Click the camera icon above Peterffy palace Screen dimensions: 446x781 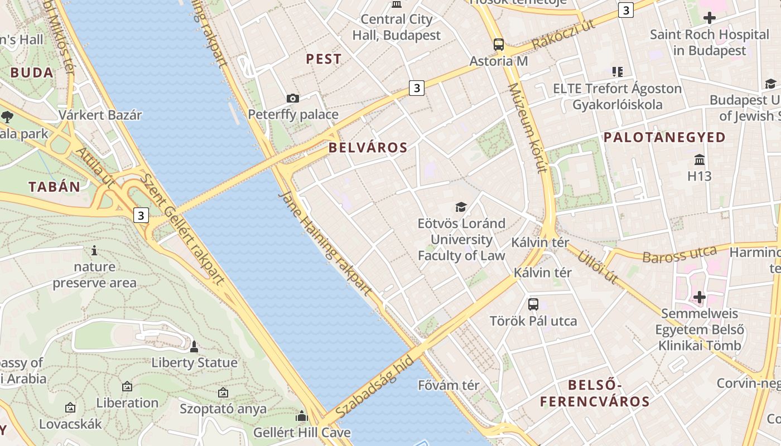point(292,99)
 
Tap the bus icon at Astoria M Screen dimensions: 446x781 point(499,45)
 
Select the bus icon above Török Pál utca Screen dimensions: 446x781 point(533,304)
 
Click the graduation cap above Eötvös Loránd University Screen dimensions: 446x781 point(461,207)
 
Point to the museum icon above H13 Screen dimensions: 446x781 point(700,160)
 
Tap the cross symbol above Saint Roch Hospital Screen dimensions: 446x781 point(710,18)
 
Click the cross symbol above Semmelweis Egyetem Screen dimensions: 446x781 point(700,297)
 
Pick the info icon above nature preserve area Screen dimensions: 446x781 point(94,250)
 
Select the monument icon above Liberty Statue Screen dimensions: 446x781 point(194,347)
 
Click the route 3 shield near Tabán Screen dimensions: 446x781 point(142,215)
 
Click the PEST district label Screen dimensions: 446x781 point(324,59)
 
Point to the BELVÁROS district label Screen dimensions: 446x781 point(368,148)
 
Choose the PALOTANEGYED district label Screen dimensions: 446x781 point(664,137)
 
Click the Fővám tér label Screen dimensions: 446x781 point(449,385)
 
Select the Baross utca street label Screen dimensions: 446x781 point(679,255)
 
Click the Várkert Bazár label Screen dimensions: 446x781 point(100,115)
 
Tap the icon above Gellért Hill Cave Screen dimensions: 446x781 point(302,416)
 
